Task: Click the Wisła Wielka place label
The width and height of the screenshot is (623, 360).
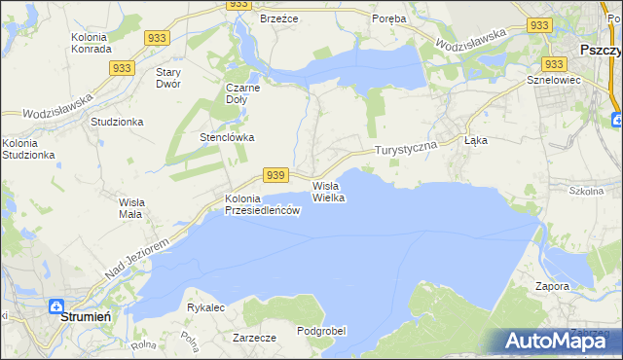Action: [x=328, y=191]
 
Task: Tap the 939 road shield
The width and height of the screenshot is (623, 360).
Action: [x=275, y=174]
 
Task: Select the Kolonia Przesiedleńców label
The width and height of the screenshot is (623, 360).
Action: [x=261, y=205]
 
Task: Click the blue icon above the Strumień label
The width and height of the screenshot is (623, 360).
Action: [x=59, y=305]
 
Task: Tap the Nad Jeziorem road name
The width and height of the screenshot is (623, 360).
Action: [x=136, y=259]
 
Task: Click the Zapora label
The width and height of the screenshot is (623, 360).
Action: [x=551, y=287]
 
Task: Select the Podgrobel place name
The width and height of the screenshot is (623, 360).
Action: [x=322, y=331]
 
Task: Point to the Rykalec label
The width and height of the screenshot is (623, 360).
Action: [x=205, y=307]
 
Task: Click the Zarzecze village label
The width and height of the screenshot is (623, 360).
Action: [x=255, y=338]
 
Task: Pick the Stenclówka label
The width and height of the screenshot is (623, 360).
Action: [x=227, y=137]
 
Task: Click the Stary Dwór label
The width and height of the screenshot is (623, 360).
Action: [x=174, y=78]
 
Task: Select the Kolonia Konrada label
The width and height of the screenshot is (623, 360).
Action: [x=94, y=44]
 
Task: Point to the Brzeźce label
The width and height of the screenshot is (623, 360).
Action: [x=277, y=18]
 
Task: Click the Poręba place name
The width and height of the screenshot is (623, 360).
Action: [x=390, y=18]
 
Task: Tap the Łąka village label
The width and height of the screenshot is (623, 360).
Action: [x=475, y=140]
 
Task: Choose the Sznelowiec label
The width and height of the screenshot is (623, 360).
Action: [x=553, y=80]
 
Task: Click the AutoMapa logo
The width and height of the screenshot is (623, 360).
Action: [x=557, y=341]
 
